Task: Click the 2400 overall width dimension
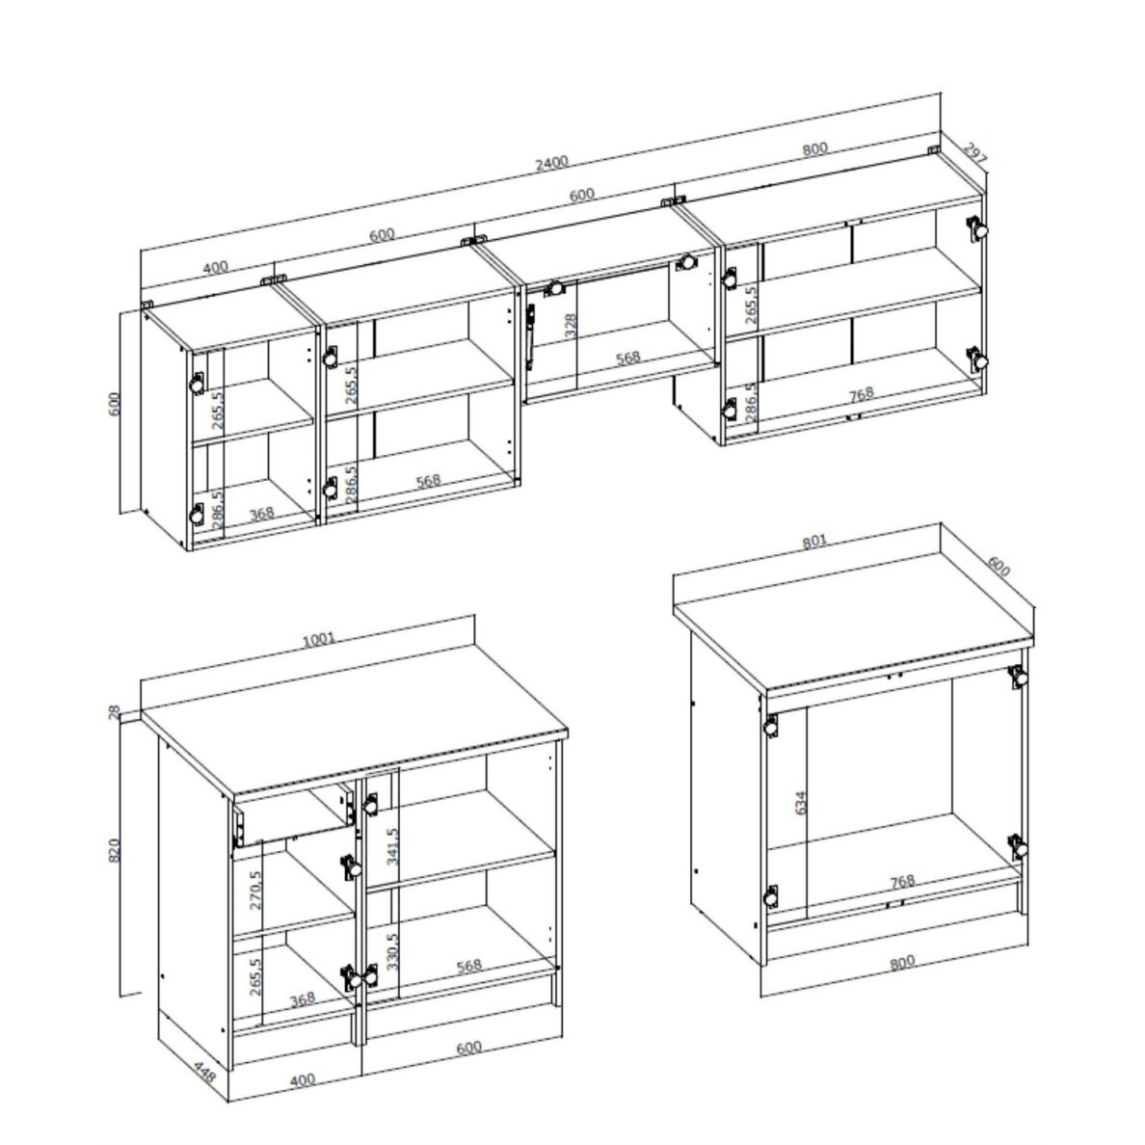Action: pos(551,164)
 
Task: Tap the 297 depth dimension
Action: pos(974,152)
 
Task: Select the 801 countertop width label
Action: pos(814,541)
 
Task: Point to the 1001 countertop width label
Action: pos(318,640)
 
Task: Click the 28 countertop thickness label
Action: pos(114,712)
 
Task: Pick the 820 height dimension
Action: pos(114,849)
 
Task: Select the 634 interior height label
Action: pos(801,803)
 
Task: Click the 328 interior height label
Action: pos(571,325)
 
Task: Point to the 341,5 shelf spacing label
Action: pos(393,846)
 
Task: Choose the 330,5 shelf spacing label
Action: pos(393,950)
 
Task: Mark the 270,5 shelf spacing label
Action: pos(254,891)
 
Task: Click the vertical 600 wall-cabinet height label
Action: pos(114,404)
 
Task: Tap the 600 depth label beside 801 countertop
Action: pos(999,566)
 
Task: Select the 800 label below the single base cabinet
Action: pos(902,963)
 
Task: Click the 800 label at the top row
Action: pos(815,148)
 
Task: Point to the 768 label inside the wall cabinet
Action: pos(862,394)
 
